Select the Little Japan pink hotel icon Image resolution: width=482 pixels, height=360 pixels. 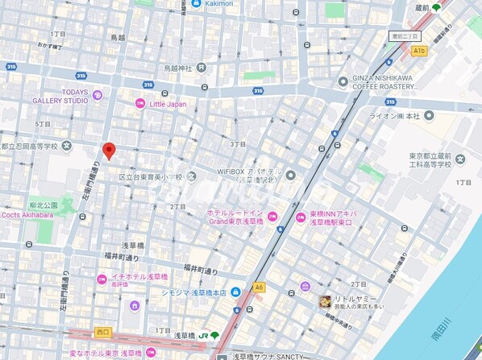coord(139,103)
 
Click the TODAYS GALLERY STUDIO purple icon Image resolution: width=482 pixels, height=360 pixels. coord(98,95)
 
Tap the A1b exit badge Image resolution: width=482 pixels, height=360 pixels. coord(418,51)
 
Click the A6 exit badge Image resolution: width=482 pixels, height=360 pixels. coord(259,287)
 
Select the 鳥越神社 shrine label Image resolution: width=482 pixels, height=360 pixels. coord(177,68)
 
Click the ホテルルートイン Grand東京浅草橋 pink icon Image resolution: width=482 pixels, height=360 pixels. coord(272,216)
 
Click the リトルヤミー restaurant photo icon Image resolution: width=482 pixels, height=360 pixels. coord(325,301)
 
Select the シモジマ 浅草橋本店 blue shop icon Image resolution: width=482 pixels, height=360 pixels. coord(234,292)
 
